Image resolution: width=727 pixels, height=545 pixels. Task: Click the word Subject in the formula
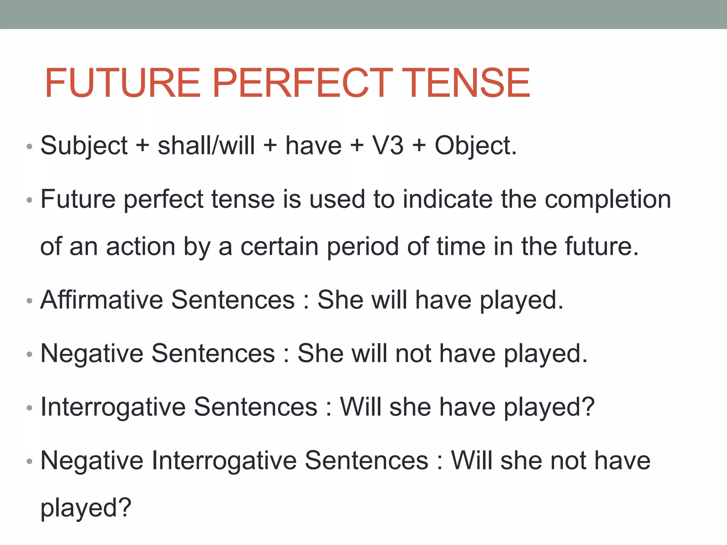tap(84, 146)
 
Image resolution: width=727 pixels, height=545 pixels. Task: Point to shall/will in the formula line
tap(206, 145)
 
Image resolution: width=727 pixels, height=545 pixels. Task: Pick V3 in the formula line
tap(388, 145)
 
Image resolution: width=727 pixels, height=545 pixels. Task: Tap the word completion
tap(608, 199)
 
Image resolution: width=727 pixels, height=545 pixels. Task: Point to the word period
tap(362, 247)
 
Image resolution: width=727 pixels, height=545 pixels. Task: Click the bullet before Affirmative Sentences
tap(29, 301)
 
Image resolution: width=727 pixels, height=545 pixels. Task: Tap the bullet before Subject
tap(29, 147)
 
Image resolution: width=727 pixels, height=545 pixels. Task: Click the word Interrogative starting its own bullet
tap(113, 407)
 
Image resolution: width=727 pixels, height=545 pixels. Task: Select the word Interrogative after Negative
tap(224, 461)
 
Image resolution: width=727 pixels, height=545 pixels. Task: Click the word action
tap(141, 246)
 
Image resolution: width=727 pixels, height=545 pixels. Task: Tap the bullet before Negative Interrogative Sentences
tap(29, 462)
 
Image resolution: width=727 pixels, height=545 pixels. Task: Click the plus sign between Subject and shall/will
tap(143, 146)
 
